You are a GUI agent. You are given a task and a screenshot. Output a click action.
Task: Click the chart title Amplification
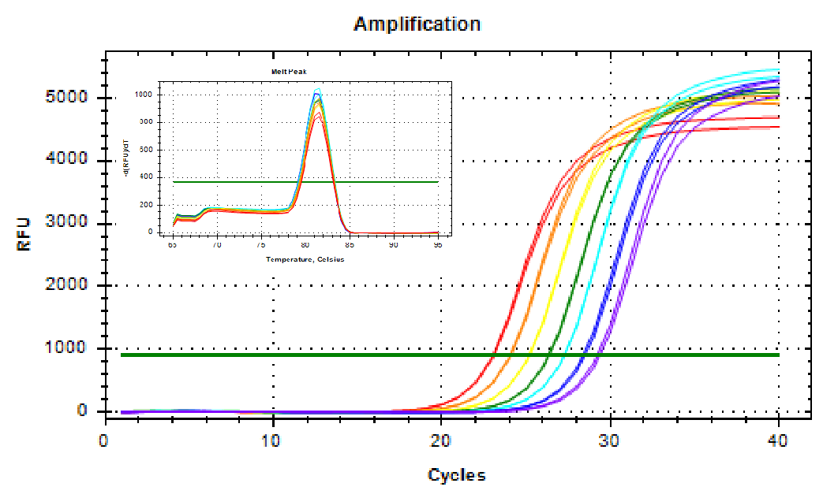pos(417,24)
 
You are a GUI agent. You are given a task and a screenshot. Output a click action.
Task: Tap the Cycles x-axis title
pos(456,475)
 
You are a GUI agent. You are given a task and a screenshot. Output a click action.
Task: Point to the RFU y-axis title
pos(24,234)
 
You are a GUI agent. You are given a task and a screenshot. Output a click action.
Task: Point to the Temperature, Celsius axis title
pos(305,259)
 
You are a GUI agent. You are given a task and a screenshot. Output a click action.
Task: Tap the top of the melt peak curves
pos(317,91)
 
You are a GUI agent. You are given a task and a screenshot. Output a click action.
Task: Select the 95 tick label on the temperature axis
pos(438,245)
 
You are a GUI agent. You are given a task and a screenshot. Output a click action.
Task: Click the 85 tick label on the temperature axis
pos(350,245)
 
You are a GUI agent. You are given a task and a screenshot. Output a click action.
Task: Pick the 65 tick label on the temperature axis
pos(172,245)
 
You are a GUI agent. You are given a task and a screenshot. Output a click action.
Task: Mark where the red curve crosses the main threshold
pos(493,355)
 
